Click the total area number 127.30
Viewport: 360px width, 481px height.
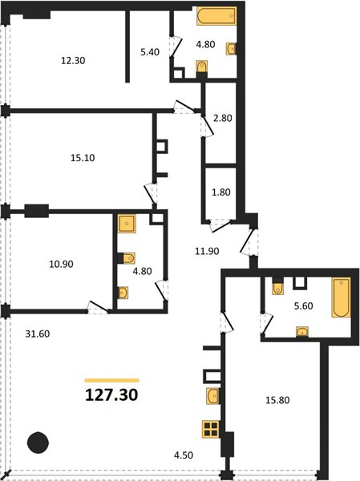(111, 394)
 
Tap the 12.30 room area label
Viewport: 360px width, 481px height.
(73, 61)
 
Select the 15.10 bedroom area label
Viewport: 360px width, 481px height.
(83, 158)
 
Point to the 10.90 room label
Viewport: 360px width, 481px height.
(61, 264)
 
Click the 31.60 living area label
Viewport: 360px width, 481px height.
(38, 333)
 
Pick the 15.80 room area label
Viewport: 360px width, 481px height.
(277, 400)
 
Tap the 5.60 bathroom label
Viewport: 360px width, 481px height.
(304, 306)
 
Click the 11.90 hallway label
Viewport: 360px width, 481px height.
(207, 251)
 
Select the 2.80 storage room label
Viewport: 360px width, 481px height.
(223, 118)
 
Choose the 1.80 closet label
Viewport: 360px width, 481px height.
(221, 192)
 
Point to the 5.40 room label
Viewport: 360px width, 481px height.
(150, 52)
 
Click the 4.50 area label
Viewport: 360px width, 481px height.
(184, 455)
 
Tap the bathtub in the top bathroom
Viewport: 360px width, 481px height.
(216, 16)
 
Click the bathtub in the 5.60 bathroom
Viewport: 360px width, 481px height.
(341, 297)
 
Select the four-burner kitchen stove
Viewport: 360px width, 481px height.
(211, 429)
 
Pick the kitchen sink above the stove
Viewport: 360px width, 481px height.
(213, 396)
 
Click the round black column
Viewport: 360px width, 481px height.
(38, 443)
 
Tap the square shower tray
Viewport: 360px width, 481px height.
(127, 224)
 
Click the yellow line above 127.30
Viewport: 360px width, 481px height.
(111, 380)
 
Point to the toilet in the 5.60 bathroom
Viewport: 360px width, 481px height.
(278, 287)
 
